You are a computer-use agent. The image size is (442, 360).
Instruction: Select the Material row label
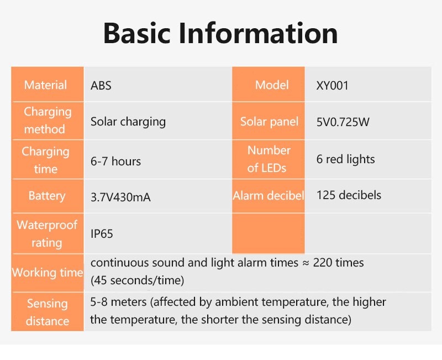click(46, 85)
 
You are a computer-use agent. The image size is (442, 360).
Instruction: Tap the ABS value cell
click(101, 86)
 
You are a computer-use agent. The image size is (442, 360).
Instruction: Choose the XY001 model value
click(333, 86)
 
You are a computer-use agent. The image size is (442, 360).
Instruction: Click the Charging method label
click(48, 121)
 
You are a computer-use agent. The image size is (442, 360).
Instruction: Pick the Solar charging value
click(128, 122)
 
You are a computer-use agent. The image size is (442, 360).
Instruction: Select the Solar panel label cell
click(269, 122)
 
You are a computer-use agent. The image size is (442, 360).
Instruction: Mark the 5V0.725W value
click(343, 122)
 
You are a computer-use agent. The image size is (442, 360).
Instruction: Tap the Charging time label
click(46, 160)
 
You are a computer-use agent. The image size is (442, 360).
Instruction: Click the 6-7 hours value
click(115, 161)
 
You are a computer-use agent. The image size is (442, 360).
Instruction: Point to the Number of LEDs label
click(269, 159)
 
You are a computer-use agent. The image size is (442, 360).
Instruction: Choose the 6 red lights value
click(346, 159)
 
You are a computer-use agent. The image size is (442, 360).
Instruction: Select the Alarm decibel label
click(269, 196)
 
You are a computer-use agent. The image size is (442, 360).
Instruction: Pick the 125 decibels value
click(349, 195)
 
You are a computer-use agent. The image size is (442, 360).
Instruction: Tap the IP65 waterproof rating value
click(102, 234)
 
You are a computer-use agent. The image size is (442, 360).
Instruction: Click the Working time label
click(47, 273)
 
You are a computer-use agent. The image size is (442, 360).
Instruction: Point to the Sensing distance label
click(48, 312)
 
